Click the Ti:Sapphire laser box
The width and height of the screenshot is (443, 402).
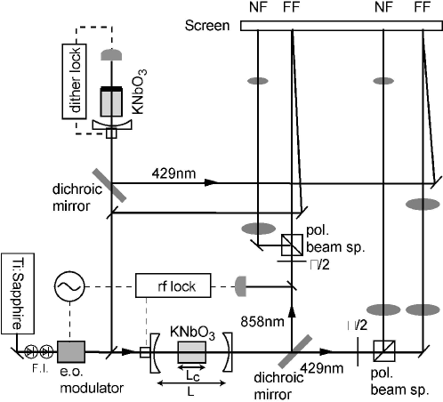(x=18, y=293)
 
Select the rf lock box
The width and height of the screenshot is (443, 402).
(x=173, y=285)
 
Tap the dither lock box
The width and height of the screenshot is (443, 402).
(x=74, y=82)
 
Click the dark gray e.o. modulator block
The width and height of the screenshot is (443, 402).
(x=71, y=351)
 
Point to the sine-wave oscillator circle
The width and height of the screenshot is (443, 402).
(x=69, y=286)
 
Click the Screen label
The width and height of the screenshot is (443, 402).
(x=207, y=26)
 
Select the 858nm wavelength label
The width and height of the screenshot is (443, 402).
(x=262, y=322)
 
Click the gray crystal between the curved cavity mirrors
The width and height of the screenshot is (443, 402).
(x=192, y=352)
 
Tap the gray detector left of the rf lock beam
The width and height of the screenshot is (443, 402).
(x=241, y=286)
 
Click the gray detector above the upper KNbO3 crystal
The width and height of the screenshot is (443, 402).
(x=111, y=55)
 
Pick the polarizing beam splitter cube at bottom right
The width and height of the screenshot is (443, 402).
(x=384, y=351)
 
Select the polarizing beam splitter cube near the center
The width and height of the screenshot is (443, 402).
(x=292, y=245)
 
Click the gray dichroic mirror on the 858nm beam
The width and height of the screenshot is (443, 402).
(x=295, y=351)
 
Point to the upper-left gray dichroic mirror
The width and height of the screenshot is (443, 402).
(x=109, y=186)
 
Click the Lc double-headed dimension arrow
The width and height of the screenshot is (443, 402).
(x=191, y=368)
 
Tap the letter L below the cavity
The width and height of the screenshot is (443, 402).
(x=190, y=392)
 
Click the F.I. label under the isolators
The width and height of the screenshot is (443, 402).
(x=40, y=368)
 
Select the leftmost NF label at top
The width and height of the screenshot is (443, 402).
(x=259, y=7)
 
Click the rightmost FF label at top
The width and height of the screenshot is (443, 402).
(x=423, y=7)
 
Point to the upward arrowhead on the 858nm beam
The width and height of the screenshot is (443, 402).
(x=292, y=312)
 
